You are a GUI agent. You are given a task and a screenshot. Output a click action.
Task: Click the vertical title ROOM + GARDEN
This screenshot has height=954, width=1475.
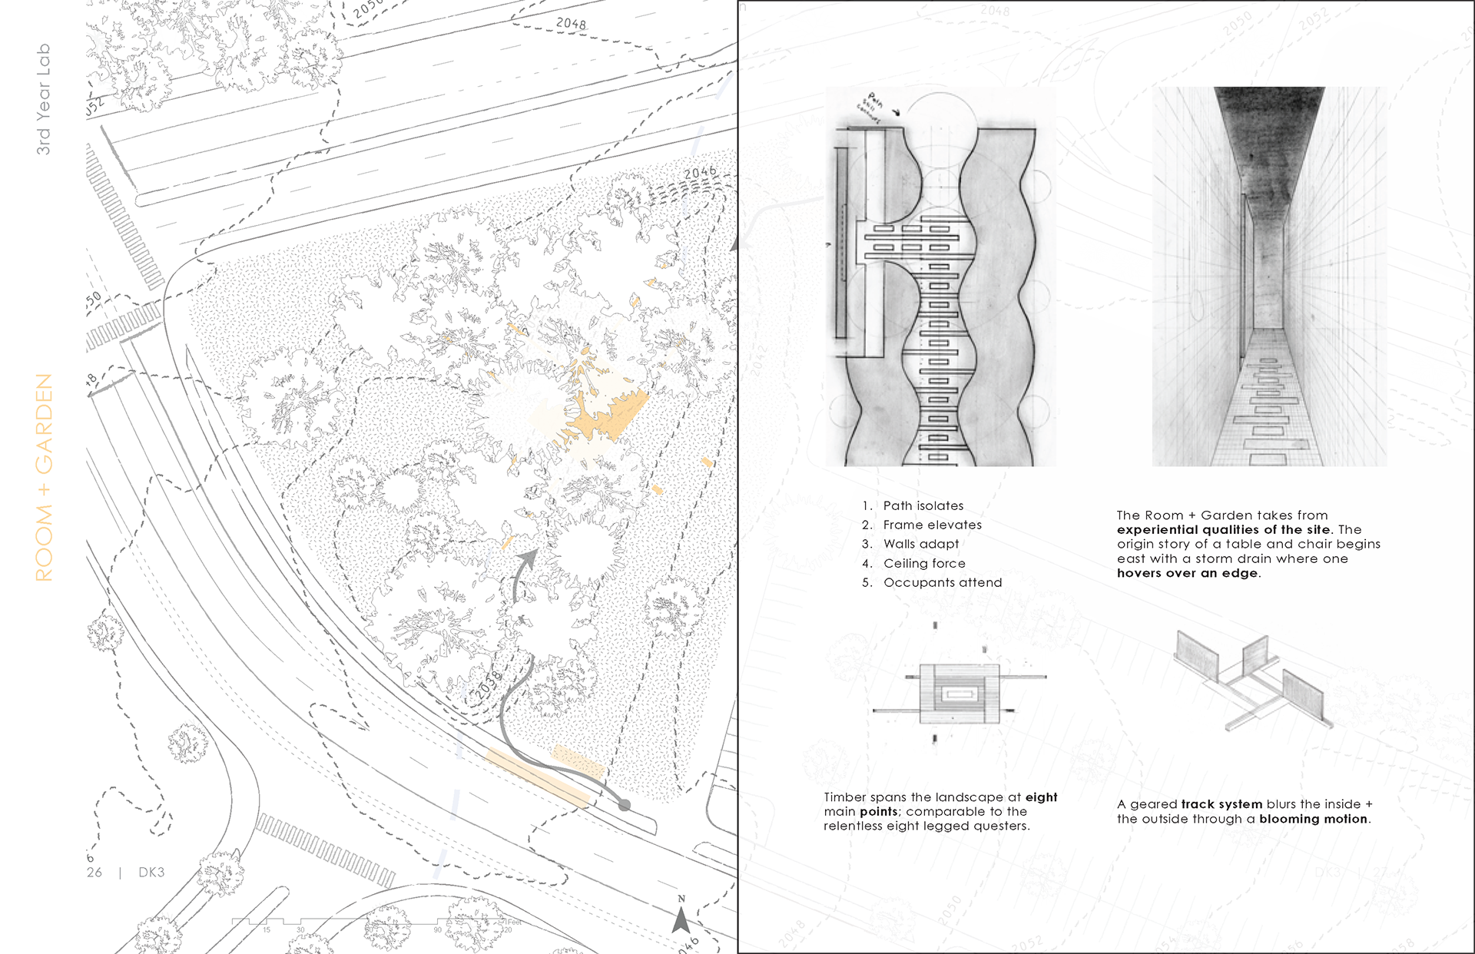(x=45, y=477)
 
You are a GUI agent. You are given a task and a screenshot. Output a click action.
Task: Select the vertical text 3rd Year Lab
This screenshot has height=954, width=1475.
(x=44, y=99)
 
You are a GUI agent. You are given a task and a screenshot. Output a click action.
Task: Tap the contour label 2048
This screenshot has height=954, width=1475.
(x=571, y=24)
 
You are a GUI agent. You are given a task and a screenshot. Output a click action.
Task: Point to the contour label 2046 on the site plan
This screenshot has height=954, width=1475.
(x=700, y=173)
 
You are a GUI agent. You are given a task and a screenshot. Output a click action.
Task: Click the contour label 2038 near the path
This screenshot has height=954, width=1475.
(x=488, y=685)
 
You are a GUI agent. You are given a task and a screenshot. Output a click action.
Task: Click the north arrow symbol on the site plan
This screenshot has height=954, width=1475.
(x=681, y=919)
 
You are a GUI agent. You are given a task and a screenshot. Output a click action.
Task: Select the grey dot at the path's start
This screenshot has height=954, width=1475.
(x=625, y=805)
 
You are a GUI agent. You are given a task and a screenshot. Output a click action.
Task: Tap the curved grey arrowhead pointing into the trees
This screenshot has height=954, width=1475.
(x=529, y=558)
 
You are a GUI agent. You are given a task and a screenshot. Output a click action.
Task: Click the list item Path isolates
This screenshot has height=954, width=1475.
(x=923, y=505)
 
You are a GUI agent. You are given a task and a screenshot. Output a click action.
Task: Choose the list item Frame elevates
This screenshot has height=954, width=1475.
(x=932, y=525)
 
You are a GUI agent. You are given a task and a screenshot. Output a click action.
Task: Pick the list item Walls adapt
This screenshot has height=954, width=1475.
(x=921, y=544)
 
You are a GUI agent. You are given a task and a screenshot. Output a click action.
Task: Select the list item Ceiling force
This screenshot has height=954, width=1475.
(x=924, y=563)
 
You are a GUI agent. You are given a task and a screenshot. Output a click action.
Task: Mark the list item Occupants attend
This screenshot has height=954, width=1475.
(x=943, y=582)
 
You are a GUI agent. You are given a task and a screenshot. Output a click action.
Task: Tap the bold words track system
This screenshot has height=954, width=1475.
(x=1221, y=804)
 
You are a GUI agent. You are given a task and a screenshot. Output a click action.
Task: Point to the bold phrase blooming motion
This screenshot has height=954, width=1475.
(x=1313, y=819)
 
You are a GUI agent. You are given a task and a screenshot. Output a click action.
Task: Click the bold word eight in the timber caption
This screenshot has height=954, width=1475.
(x=1041, y=797)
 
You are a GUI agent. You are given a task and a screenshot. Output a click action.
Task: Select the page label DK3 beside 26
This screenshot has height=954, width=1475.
(x=151, y=873)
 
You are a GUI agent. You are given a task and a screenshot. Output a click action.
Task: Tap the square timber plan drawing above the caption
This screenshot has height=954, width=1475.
(x=960, y=694)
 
